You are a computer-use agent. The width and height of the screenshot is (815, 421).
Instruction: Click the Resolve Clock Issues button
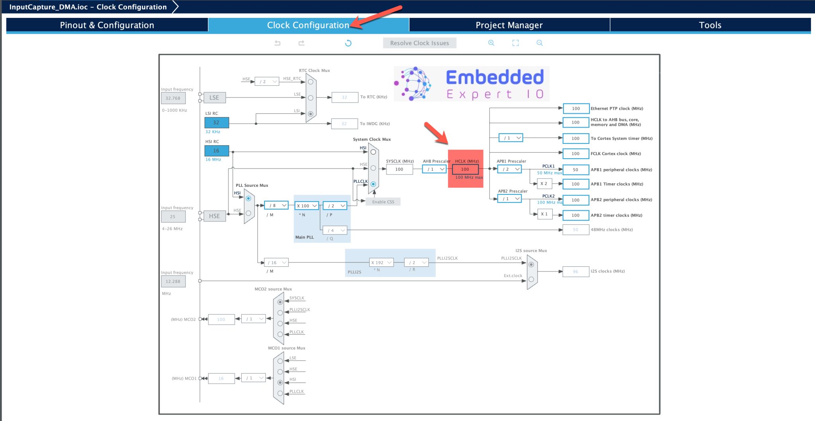[x=419, y=43]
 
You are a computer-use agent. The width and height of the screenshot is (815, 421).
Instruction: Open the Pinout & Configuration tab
[x=107, y=25]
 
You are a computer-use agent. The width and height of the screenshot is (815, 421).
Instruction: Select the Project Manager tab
[x=509, y=25]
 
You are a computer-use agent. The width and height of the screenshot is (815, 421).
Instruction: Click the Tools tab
[x=710, y=25]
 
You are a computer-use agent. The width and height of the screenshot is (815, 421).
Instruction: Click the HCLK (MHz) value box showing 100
[x=465, y=169]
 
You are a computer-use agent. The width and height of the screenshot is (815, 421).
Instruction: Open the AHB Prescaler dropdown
[x=434, y=169]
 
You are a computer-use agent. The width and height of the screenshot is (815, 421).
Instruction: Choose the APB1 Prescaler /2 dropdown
[x=509, y=169]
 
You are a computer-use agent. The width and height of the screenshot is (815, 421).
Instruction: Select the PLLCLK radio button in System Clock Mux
[x=373, y=184]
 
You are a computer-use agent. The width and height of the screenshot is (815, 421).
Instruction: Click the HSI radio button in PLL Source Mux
[x=248, y=198]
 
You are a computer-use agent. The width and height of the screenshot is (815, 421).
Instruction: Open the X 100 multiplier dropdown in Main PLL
[x=306, y=206]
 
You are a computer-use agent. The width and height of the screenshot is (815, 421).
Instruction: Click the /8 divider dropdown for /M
[x=276, y=206]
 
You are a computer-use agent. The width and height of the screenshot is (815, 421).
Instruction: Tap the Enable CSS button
[x=383, y=202]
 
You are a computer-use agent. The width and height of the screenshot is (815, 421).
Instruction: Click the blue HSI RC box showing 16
[x=216, y=151]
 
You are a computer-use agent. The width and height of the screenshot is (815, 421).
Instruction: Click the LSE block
[x=214, y=97]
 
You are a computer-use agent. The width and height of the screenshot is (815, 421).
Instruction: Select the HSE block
[x=214, y=216]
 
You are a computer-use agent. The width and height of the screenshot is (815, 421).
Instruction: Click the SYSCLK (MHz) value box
[x=399, y=169]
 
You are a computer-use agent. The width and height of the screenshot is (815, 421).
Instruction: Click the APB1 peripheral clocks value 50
[x=575, y=170]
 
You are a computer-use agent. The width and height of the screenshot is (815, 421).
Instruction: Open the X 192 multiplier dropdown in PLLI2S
[x=381, y=263]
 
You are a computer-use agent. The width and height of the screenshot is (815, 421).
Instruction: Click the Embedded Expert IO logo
[x=472, y=84]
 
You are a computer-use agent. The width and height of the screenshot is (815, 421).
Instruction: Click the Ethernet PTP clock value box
[x=575, y=109]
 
